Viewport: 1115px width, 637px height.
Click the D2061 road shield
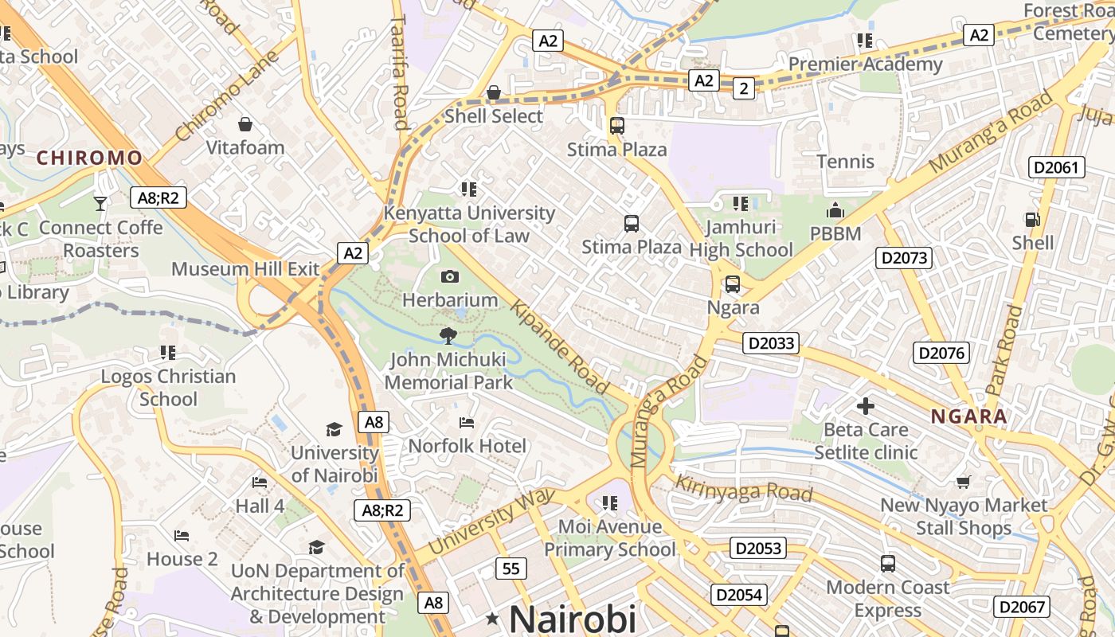pos(1057,167)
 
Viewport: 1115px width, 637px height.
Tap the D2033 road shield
pos(771,343)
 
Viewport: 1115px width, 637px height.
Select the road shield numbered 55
pos(511,569)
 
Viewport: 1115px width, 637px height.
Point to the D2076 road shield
pos(941,353)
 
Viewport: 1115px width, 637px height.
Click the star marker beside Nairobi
pos(493,619)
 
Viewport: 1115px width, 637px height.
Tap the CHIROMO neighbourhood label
pos(89,158)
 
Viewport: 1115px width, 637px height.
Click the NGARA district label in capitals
pos(968,416)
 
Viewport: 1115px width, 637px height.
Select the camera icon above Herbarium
pos(450,277)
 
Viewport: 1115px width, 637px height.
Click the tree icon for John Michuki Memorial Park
pos(448,336)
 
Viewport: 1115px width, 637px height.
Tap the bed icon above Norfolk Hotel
pos(467,422)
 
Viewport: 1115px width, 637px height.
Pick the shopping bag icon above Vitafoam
pos(245,124)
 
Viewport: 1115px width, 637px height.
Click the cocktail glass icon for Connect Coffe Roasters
pos(100,204)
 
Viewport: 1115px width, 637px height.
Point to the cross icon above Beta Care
pos(866,407)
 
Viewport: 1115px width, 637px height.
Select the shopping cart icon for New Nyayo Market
pos(964,482)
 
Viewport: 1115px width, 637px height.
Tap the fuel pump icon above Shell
pos(1032,220)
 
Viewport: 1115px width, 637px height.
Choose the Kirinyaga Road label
pos(743,488)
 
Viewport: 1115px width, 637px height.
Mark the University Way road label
pos(491,522)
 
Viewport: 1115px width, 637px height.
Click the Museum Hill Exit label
pos(245,268)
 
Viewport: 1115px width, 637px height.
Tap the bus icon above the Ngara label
pos(732,284)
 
